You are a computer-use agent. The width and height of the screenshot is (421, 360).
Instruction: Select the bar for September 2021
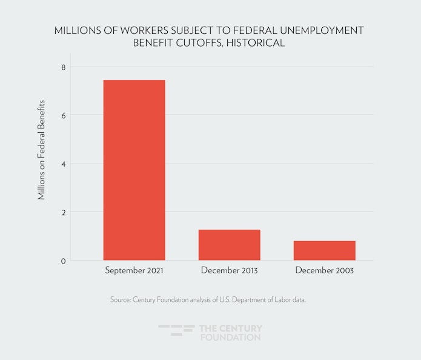pos(134,170)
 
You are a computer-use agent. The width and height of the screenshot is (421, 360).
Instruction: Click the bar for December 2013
pos(229,245)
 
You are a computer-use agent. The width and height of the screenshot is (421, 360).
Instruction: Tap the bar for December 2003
pos(324,250)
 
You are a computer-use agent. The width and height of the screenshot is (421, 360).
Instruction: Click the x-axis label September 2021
pos(134,270)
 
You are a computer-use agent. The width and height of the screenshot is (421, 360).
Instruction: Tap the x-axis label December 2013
pos(229,270)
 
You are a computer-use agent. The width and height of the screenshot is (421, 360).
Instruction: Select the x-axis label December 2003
pos(324,270)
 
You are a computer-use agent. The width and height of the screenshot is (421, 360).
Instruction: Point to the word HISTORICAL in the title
pos(255,44)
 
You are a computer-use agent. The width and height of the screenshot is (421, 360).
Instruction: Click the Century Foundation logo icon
pos(176,331)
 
